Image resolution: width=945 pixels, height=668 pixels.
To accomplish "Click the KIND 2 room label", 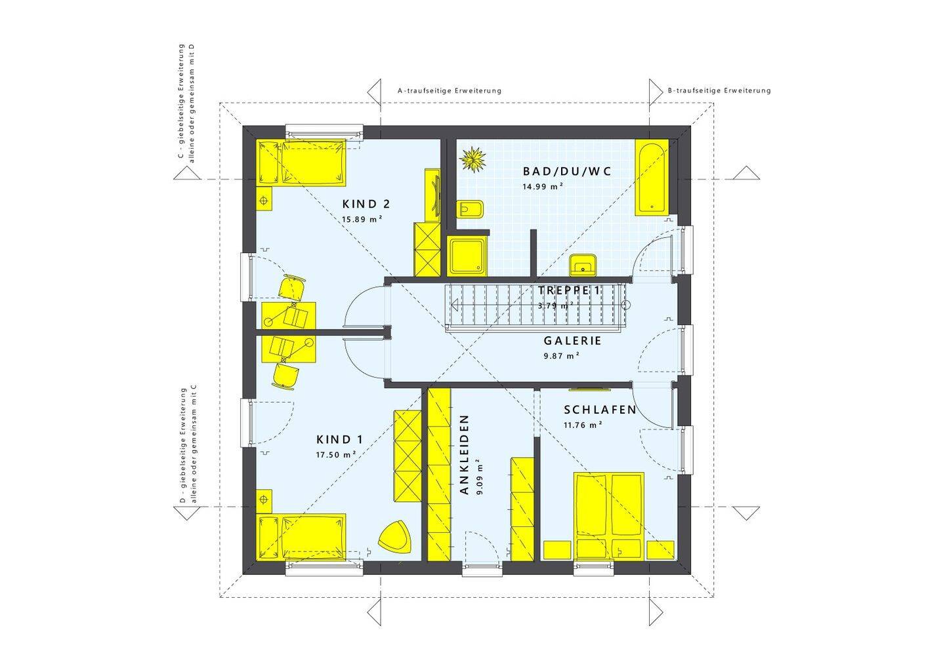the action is (366, 205).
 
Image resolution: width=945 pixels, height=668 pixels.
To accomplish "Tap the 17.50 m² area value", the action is (336, 455).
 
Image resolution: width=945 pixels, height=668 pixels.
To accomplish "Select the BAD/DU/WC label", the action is (567, 171).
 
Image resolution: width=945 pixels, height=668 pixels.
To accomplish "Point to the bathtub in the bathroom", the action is (652, 177).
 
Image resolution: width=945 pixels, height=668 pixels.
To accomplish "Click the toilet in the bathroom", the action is (469, 209).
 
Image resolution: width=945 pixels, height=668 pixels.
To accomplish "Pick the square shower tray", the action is (467, 256).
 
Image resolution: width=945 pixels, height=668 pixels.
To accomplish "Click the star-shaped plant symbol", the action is (472, 159).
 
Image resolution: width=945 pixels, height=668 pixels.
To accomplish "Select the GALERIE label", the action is (572, 341).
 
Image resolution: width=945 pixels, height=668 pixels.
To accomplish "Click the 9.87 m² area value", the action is (562, 356).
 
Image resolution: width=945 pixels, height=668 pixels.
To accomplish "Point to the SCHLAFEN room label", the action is (600, 410).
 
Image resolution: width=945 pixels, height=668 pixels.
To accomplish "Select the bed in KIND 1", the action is (301, 537).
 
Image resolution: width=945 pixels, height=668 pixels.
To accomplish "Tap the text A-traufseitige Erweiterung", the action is (450, 90).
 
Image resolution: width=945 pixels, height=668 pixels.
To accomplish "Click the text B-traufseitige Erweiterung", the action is (719, 90).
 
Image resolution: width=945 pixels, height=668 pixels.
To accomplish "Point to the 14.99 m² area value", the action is (543, 186).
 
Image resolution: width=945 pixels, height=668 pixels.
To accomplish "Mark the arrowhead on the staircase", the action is (454, 305).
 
